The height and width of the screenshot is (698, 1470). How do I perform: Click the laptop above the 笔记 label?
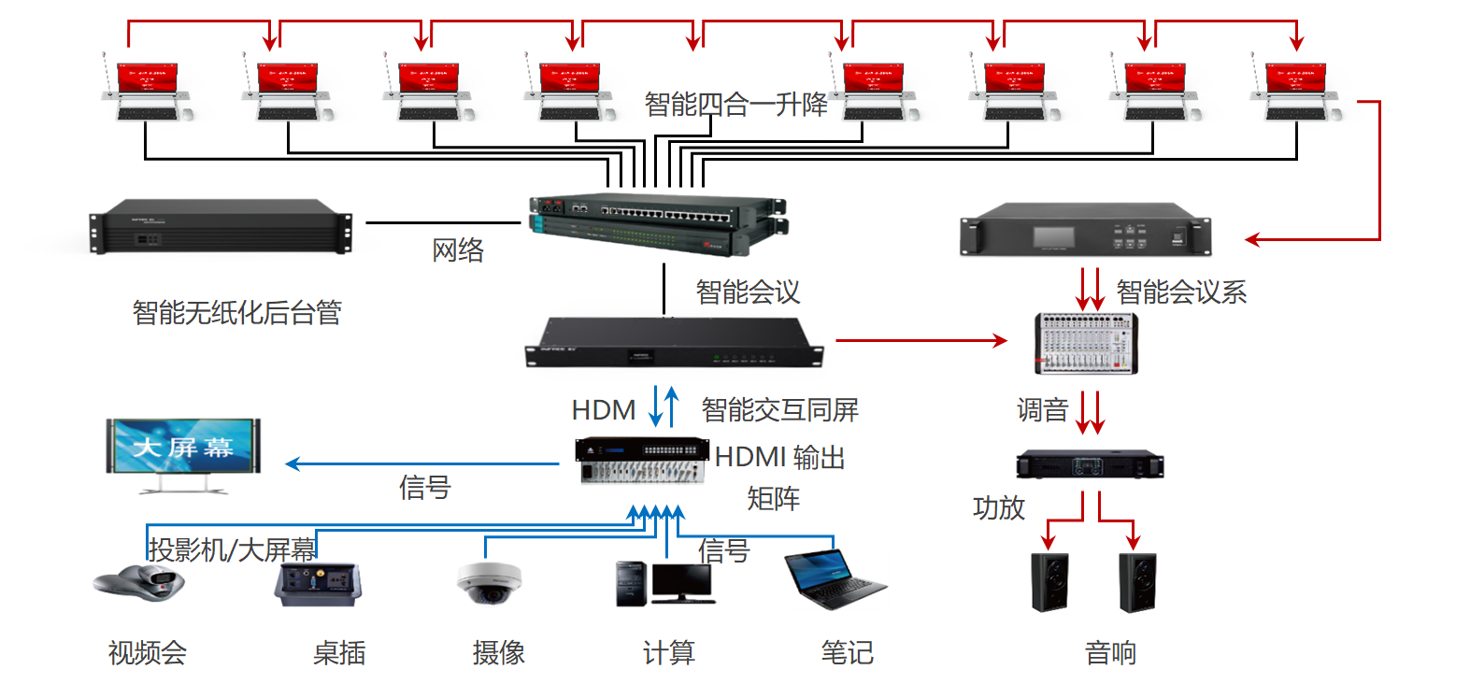click(x=834, y=580)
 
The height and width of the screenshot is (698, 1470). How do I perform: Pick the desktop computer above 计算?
click(x=664, y=583)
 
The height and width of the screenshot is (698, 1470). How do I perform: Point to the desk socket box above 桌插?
click(x=318, y=583)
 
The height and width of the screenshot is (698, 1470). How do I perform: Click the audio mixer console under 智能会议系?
click(x=1086, y=344)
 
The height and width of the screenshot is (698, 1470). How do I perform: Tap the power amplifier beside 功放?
click(x=1090, y=464)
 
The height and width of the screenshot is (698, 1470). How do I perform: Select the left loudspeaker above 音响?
click(x=1049, y=582)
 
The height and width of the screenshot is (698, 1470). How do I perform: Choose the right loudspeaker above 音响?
click(x=1137, y=582)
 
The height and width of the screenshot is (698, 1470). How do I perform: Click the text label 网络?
click(x=458, y=250)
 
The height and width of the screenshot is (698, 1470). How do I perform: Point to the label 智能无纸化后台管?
click(x=236, y=312)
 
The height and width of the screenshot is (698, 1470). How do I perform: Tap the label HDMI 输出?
click(x=779, y=458)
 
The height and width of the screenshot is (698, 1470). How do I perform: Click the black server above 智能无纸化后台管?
click(x=221, y=226)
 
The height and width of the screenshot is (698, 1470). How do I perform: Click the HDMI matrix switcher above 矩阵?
click(x=641, y=460)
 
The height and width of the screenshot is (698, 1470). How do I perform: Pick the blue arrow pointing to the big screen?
click(x=421, y=463)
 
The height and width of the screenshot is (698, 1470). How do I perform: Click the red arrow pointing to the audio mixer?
click(x=921, y=340)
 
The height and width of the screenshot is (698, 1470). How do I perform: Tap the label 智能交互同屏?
click(x=779, y=409)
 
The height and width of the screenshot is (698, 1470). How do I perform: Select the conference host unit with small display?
click(x=1086, y=230)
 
